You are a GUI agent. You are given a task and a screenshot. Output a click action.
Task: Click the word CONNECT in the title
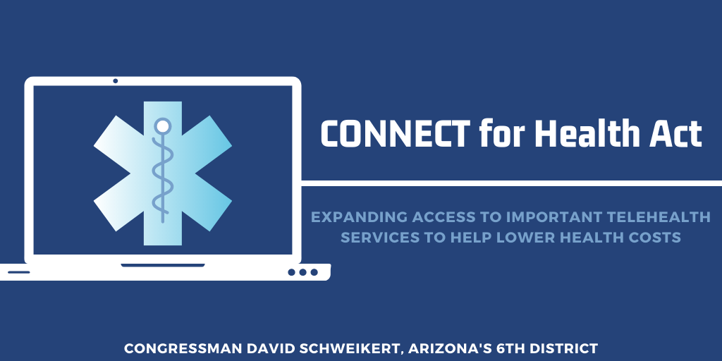(x=396, y=133)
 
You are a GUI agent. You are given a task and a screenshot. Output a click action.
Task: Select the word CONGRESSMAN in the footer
(x=184, y=348)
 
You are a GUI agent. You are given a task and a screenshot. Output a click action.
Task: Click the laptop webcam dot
(x=115, y=81)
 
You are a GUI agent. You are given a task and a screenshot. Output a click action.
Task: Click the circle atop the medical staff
(x=163, y=126)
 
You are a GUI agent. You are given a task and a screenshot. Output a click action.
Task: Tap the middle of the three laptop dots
(x=302, y=272)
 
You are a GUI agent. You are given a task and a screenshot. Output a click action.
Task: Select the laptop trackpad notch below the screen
(x=163, y=265)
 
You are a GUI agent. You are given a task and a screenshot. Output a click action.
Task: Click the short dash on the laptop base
(x=19, y=272)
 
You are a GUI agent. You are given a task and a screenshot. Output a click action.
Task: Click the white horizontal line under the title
(x=512, y=183)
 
